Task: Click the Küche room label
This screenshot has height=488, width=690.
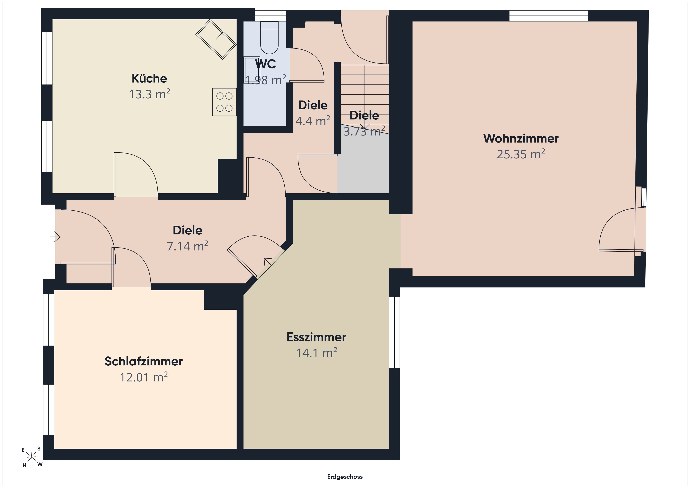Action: pos(149,78)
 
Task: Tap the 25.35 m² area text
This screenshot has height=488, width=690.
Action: pos(521,154)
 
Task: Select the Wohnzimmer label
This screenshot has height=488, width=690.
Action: pos(521,138)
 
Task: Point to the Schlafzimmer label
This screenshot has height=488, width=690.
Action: pos(144,361)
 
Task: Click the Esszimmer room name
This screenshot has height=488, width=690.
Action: pos(316,337)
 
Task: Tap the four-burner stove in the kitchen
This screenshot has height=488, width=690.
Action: pos(224,102)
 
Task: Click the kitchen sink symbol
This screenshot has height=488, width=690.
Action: pos(216,39)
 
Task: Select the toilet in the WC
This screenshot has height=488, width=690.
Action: pos(269,38)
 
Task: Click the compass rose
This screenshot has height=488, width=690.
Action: pos(31,457)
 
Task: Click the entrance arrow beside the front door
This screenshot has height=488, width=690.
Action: pos(55,237)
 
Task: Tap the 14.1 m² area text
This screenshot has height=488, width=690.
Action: pos(316,353)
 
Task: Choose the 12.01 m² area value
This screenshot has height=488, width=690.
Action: pos(144,377)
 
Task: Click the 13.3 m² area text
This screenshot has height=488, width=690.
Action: pos(149,94)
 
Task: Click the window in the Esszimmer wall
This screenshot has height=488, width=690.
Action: pos(395,332)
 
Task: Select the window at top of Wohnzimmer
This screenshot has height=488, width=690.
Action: pos(548,16)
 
